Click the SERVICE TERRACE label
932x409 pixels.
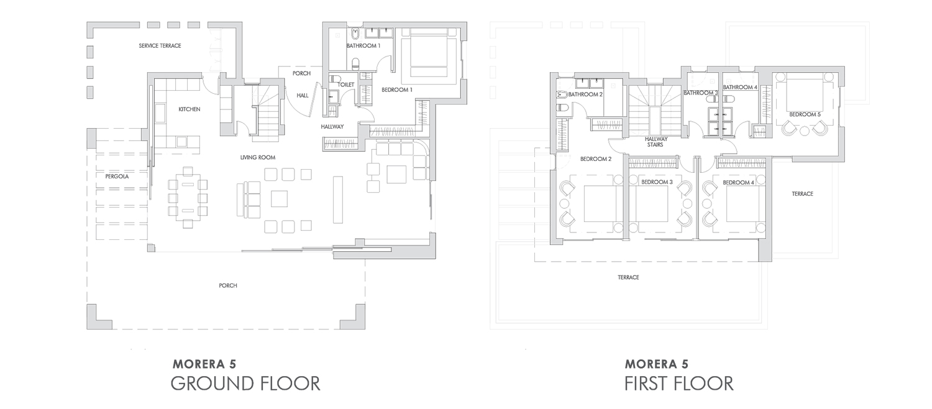click(x=160, y=46)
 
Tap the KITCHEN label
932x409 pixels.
click(x=190, y=109)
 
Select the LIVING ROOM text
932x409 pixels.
click(x=258, y=158)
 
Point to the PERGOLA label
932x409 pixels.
click(x=117, y=177)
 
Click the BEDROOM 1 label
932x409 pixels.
click(x=397, y=90)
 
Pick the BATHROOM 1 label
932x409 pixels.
click(x=363, y=46)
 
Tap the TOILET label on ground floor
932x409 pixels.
click(x=345, y=85)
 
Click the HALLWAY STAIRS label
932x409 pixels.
click(x=656, y=142)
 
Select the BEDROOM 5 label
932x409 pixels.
click(x=805, y=114)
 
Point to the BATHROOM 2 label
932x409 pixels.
click(x=585, y=94)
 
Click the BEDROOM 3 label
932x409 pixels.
click(x=657, y=182)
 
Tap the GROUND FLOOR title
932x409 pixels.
click(x=245, y=383)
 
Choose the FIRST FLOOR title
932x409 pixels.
click(x=678, y=383)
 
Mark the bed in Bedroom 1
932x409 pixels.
click(x=429, y=52)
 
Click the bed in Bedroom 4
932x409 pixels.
click(x=746, y=203)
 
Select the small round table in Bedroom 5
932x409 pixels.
click(x=804, y=131)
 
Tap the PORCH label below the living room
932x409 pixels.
click(x=228, y=286)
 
